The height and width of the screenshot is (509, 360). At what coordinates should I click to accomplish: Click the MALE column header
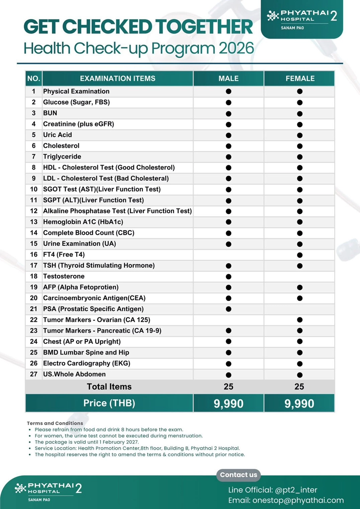pos(229,79)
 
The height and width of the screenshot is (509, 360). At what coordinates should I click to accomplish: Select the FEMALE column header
pos(300,79)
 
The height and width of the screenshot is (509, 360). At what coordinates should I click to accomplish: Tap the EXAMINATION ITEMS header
pos(117,79)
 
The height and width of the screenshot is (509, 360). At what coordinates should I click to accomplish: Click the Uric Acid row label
pos(58,135)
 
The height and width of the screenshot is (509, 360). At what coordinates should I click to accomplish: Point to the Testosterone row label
pos(64,276)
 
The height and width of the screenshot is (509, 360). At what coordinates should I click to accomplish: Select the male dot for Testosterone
pos(229,277)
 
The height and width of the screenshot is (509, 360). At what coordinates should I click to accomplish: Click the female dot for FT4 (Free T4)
pos(300,255)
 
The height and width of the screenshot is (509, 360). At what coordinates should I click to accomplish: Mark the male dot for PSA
pos(229,309)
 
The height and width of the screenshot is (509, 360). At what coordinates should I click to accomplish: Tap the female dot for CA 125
pos(300,320)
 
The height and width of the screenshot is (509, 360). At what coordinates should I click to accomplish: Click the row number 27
pos(34,374)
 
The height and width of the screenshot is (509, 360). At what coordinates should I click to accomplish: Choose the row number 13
pos(34,222)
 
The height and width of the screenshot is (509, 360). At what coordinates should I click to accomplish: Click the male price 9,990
pos(229,404)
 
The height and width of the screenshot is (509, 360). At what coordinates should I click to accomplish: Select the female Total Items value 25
pos(299,387)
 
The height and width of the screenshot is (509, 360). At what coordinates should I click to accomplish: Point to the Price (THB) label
pos(109,403)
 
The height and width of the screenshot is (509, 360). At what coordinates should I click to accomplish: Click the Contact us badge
pos(239,475)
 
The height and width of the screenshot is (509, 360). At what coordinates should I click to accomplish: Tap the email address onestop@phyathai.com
pos(298,500)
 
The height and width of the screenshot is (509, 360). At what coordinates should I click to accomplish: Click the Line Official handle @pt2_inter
pos(296,490)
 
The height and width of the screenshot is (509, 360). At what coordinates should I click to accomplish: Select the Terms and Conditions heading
pos(55,423)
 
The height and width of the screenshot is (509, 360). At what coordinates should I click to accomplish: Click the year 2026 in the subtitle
pos(236,48)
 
